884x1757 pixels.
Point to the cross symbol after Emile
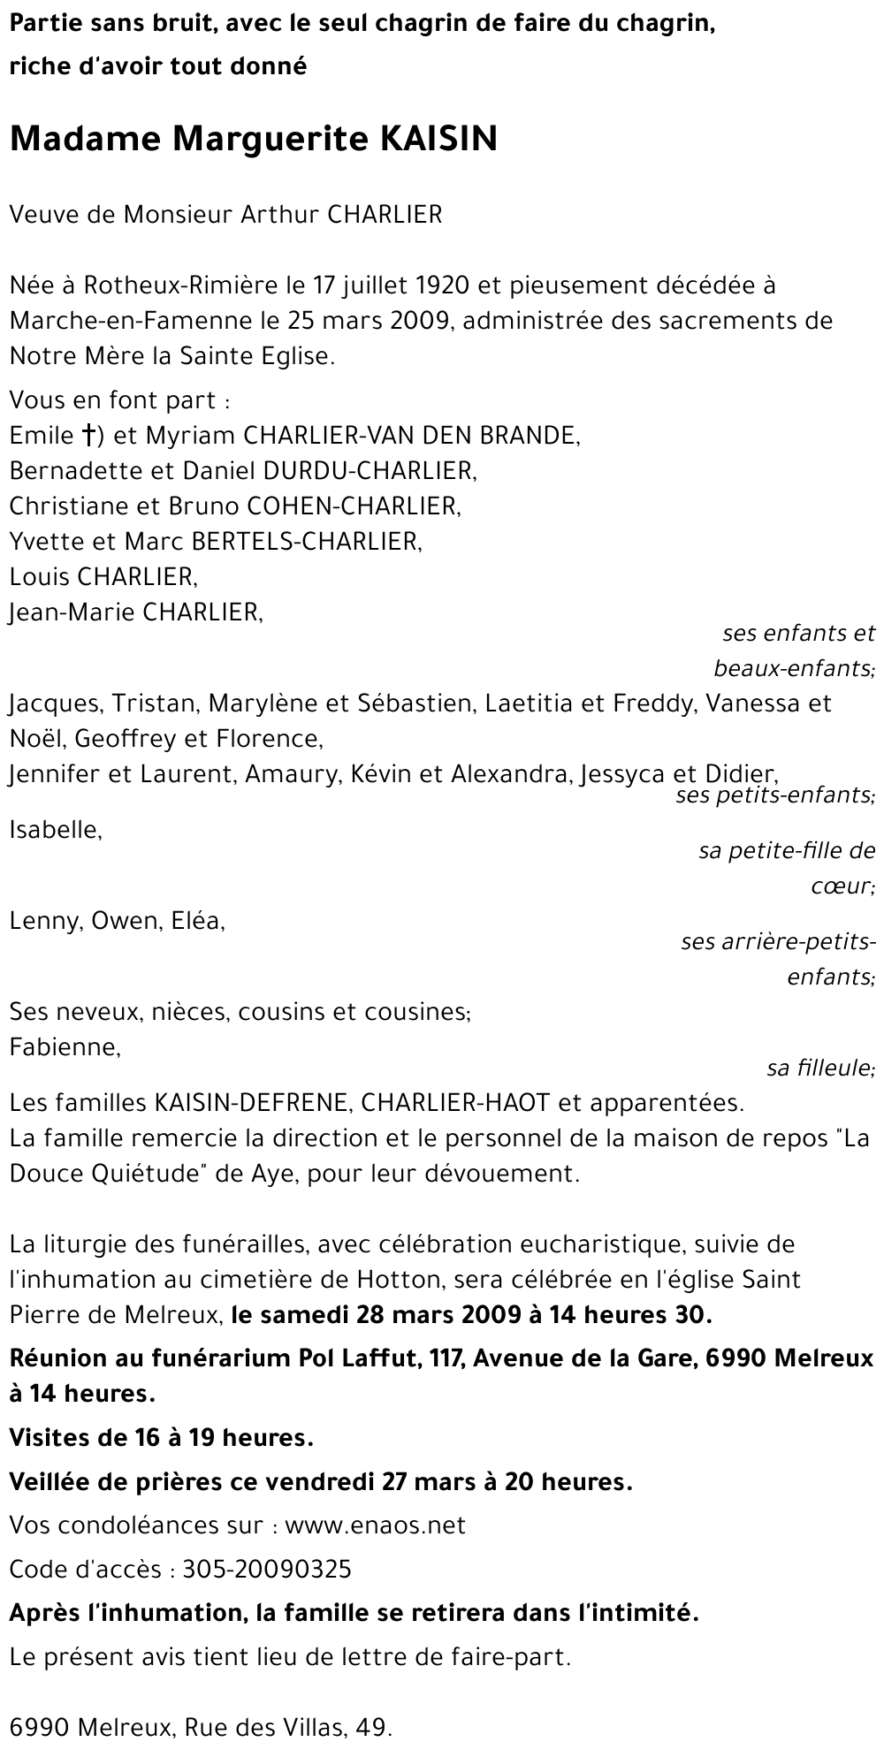[x=88, y=436]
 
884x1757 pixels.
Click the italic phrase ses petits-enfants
[x=774, y=795]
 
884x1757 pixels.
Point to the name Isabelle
[x=55, y=830]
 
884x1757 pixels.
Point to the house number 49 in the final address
[x=375, y=1727]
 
